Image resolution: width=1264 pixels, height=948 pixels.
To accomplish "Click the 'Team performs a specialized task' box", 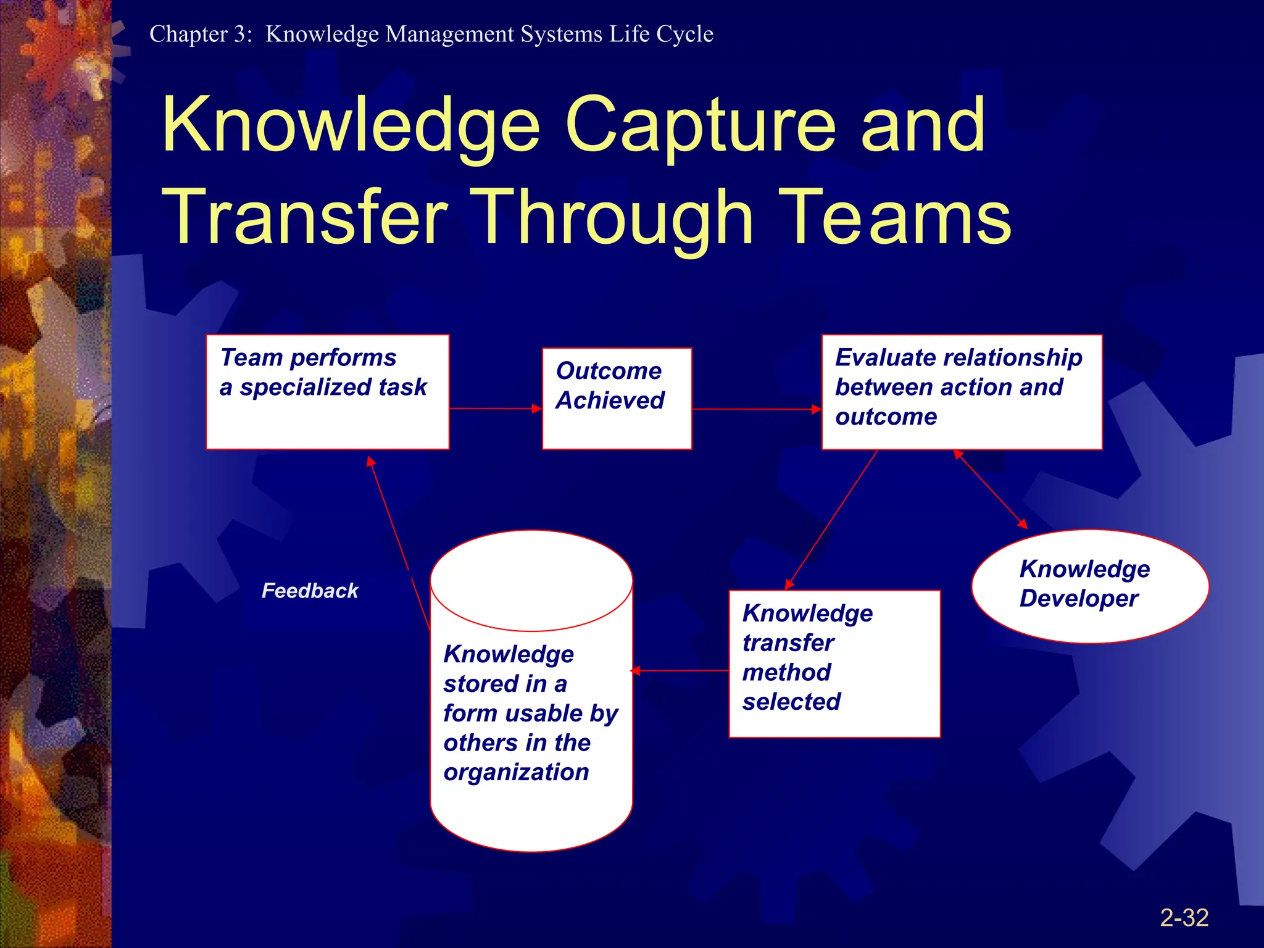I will tap(327, 392).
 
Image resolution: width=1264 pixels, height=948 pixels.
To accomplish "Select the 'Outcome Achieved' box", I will tap(617, 398).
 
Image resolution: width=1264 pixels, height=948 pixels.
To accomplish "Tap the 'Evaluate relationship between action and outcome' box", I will tap(961, 392).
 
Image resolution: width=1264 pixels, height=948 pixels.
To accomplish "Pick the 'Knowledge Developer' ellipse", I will tap(1089, 586).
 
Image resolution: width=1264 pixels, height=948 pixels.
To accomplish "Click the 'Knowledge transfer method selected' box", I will tap(834, 663).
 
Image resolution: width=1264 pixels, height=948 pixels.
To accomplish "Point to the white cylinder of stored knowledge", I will tap(531, 710).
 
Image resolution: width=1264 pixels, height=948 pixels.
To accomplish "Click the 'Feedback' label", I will tap(310, 591).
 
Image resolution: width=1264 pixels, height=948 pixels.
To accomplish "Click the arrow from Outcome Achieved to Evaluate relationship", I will tap(756, 409).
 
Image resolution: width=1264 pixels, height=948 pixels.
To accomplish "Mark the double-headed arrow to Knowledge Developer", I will tap(991, 489).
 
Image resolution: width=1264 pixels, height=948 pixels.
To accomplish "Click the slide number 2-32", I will tap(1184, 918).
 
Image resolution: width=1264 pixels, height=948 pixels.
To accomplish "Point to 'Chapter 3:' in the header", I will tap(201, 34).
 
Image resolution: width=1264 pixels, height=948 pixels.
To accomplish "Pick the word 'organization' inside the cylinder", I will tap(516, 772).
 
